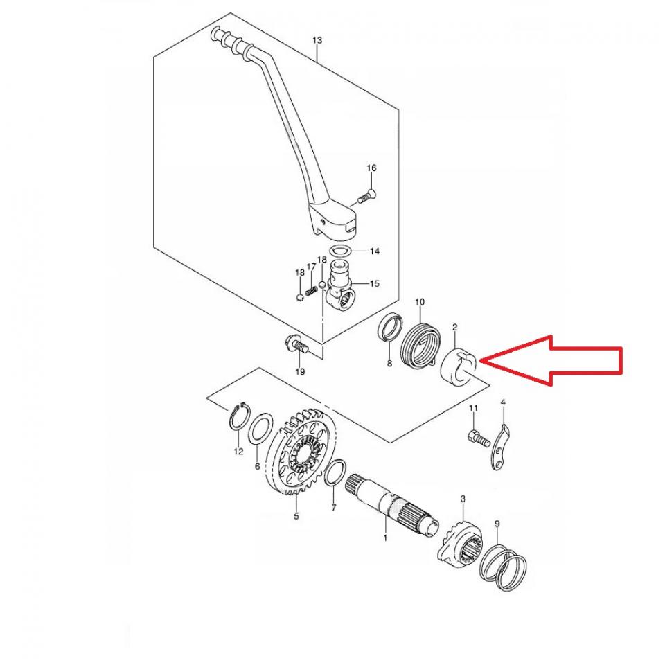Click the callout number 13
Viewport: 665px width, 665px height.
[317, 41]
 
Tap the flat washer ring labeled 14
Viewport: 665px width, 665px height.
[341, 250]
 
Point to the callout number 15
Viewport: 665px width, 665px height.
[374, 283]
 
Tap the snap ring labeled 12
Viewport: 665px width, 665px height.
[239, 420]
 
